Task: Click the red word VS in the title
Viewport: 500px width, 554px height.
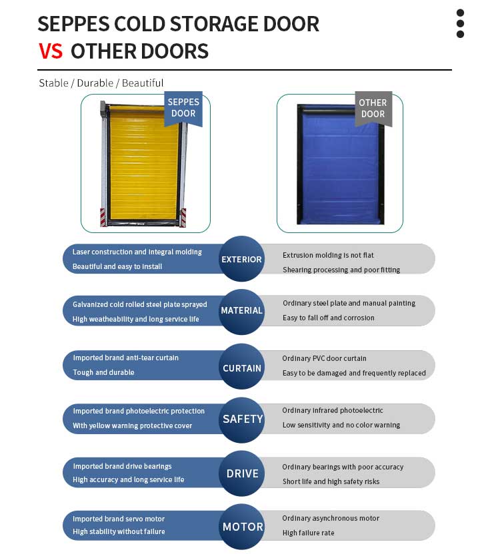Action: [x=51, y=51]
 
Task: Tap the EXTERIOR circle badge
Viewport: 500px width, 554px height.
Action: [x=242, y=259]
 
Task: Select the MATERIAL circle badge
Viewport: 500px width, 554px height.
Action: [x=242, y=312]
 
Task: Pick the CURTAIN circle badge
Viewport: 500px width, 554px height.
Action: [x=242, y=366]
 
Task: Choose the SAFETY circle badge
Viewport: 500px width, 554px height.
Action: [x=242, y=420]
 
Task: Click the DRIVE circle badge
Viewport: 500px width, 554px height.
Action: [x=242, y=473]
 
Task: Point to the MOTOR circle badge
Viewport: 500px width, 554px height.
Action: [x=242, y=527]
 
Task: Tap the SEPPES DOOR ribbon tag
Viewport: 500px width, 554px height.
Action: [x=183, y=108]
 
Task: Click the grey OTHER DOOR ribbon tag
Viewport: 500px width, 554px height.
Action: [x=373, y=109]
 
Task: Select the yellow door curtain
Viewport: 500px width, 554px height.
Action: [x=144, y=165]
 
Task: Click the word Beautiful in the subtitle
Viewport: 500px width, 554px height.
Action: [x=143, y=83]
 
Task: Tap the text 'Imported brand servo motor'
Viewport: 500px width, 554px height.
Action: [x=119, y=519]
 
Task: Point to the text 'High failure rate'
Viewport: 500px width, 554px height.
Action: [x=308, y=533]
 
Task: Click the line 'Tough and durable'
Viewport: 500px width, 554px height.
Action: [x=104, y=372]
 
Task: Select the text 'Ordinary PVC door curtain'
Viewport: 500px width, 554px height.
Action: [x=324, y=358]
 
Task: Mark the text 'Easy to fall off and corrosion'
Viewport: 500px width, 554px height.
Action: [x=329, y=318]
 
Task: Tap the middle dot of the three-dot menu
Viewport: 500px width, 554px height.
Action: [x=460, y=24]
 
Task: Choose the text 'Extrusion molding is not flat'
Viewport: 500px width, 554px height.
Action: [x=328, y=255]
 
